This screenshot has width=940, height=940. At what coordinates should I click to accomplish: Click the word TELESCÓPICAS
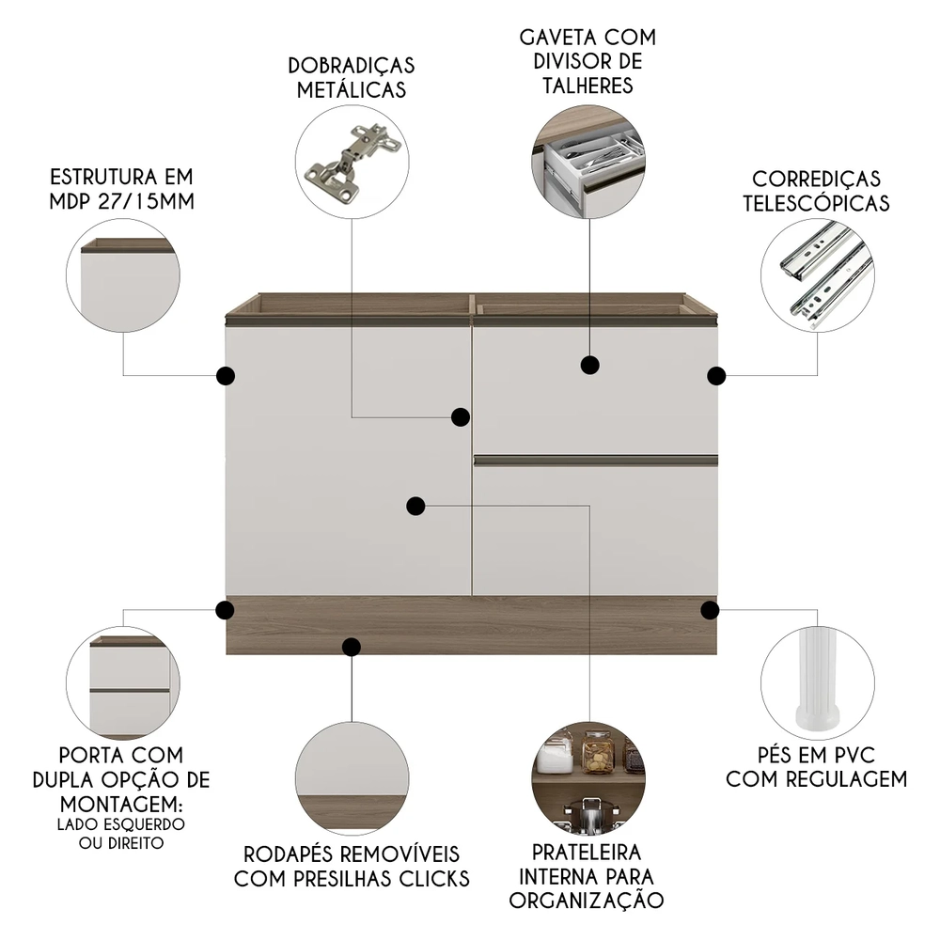point(816,203)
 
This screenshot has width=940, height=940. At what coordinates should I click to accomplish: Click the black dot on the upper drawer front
point(590,365)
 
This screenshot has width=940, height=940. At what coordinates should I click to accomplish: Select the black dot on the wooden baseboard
point(352,647)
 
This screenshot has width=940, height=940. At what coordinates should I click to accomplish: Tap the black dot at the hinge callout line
point(461,416)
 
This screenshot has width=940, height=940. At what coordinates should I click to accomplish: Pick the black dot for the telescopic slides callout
point(716,376)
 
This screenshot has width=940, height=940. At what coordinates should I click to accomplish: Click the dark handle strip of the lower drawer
point(596,461)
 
